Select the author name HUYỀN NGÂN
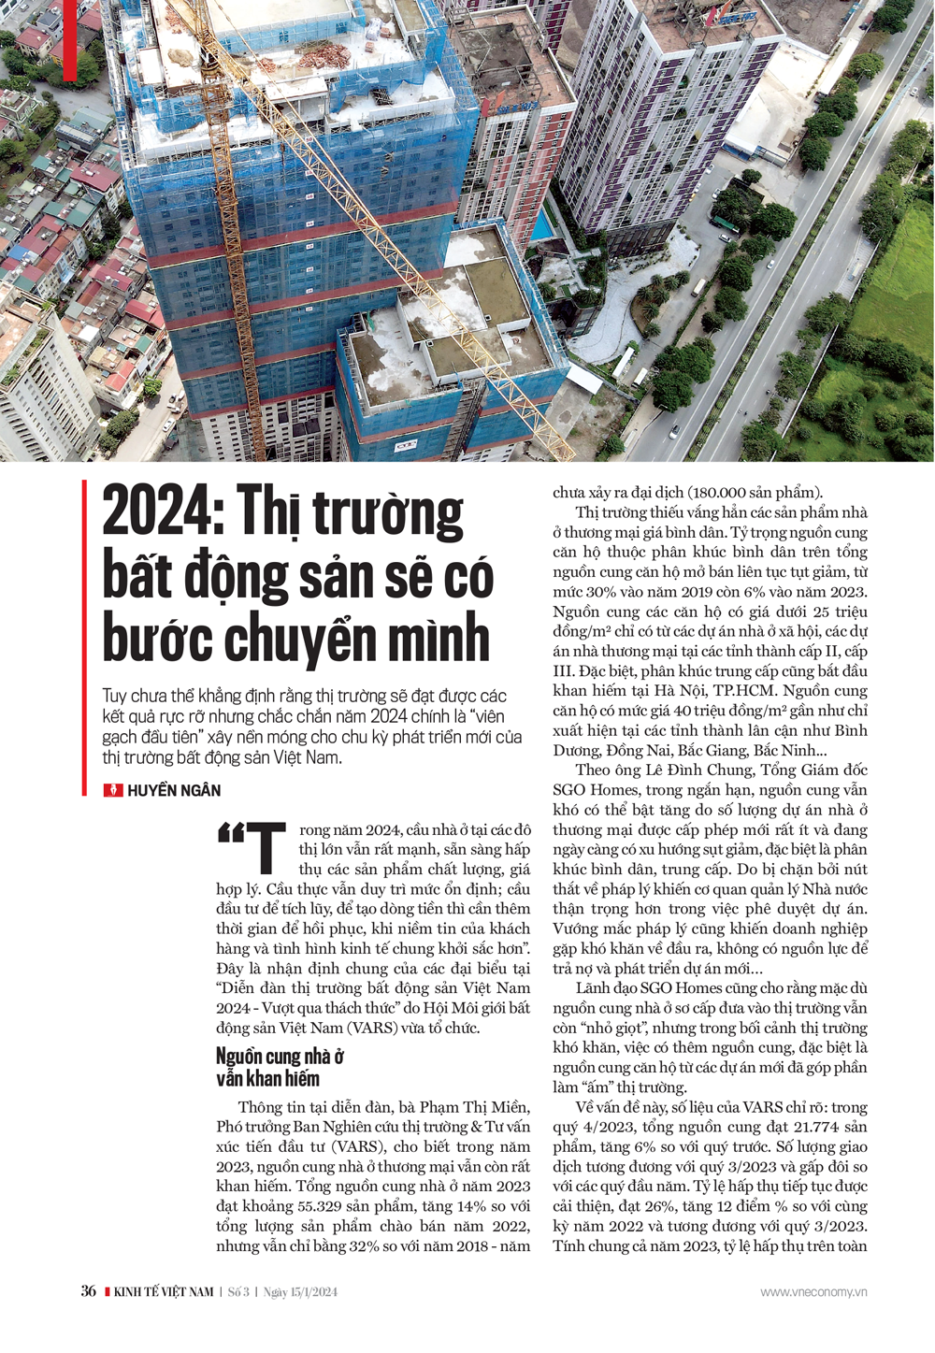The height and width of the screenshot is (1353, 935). [x=174, y=790]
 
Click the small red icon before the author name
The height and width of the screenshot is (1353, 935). [x=112, y=790]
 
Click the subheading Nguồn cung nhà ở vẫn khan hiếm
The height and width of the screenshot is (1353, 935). [x=279, y=1067]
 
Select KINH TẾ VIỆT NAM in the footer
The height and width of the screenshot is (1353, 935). [x=164, y=1292]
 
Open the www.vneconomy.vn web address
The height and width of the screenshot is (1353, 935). [x=813, y=1292]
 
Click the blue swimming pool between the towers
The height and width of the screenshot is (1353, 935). [x=541, y=225]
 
